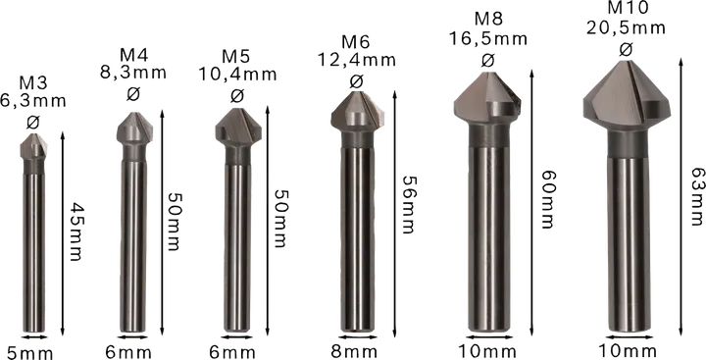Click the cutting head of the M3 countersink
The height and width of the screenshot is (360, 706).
pyautogui.click(x=32, y=145)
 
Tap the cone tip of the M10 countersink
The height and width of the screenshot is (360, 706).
pyautogui.click(x=627, y=61)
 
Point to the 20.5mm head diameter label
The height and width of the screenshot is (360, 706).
pyautogui.click(x=626, y=29)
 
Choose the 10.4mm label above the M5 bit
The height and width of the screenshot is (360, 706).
pyautogui.click(x=237, y=75)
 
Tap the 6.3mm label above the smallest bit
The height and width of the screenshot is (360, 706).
pyautogui.click(x=31, y=100)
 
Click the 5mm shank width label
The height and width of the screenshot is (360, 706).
pyautogui.click(x=29, y=351)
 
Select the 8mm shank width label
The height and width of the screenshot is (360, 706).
pyautogui.click(x=354, y=351)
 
